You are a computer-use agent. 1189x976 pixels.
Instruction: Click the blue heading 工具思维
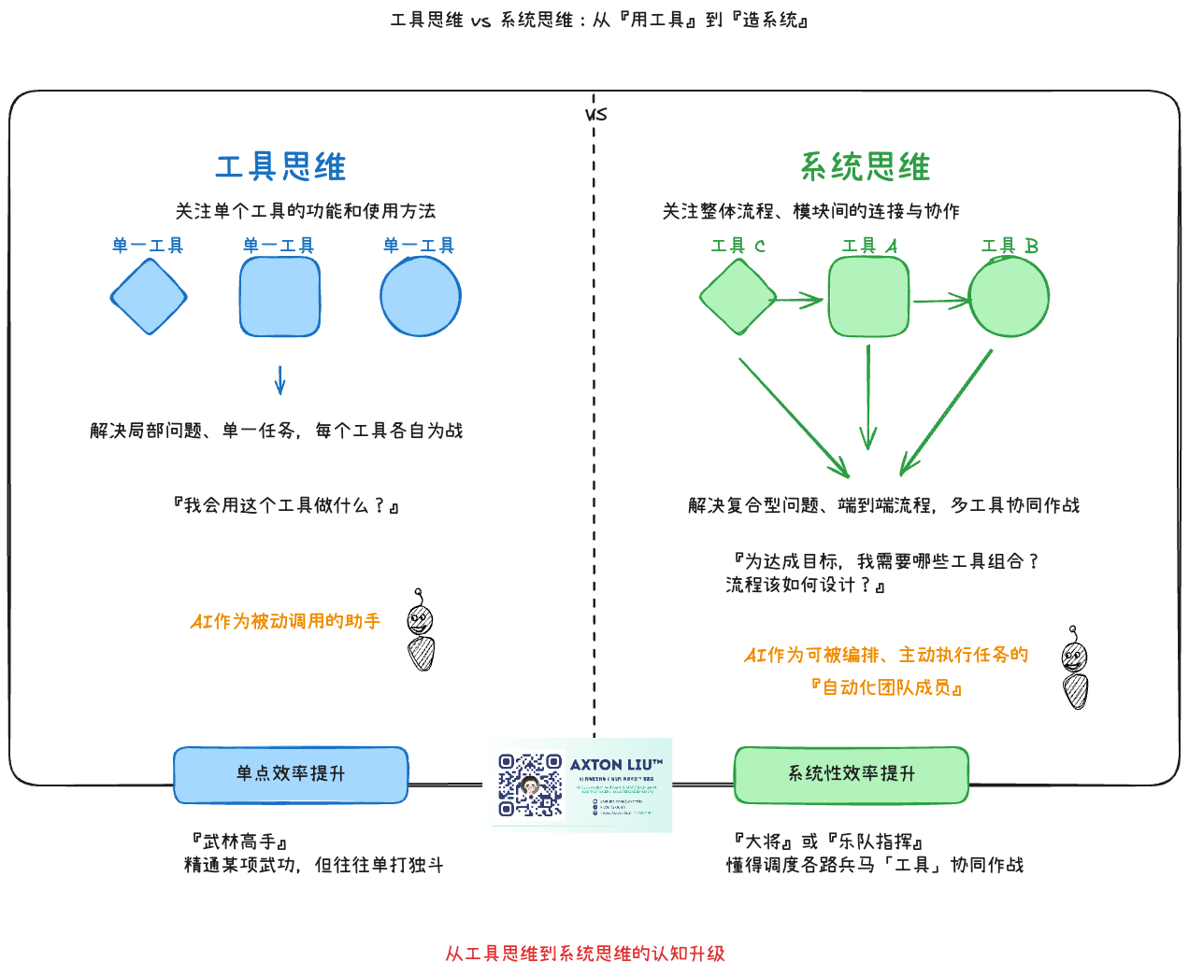(x=280, y=167)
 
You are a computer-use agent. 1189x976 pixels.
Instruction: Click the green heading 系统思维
(x=865, y=167)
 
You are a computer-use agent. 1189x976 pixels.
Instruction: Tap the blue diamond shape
(x=149, y=297)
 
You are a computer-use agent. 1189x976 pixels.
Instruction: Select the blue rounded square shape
(x=279, y=297)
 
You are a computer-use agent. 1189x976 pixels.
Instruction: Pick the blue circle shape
(x=421, y=296)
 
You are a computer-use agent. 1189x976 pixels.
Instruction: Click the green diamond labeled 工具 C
(x=738, y=297)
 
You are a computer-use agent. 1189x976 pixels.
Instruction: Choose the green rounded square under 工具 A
(x=868, y=297)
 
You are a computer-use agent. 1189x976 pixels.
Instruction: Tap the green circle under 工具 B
(x=1010, y=297)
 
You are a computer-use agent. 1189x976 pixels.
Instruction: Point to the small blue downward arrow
(x=279, y=380)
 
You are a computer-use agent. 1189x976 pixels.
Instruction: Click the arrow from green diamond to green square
(x=799, y=300)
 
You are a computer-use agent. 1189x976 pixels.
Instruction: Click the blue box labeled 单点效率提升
(x=291, y=774)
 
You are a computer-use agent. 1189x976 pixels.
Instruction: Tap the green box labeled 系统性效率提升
(x=852, y=774)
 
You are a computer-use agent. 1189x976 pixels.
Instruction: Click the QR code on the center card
(x=530, y=785)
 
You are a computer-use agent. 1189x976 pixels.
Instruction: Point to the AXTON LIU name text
(x=616, y=765)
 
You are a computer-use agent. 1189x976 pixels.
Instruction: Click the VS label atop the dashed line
(x=595, y=115)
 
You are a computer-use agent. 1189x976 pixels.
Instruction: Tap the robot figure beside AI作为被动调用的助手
(x=421, y=630)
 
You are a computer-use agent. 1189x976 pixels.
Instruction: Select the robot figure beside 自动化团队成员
(x=1075, y=668)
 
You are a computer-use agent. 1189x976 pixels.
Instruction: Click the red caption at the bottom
(x=585, y=954)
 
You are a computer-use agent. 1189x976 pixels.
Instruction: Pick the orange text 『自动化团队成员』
(x=886, y=687)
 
